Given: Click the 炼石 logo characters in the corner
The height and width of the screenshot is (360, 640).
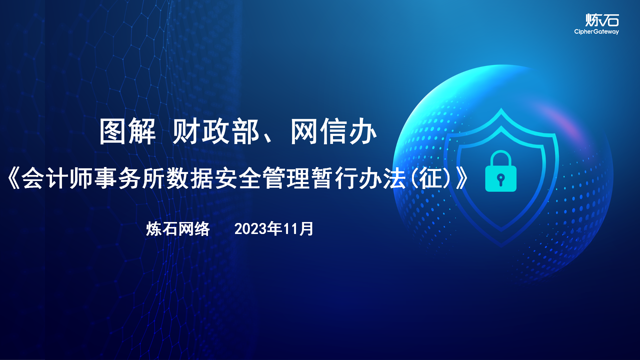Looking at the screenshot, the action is [x=602, y=20].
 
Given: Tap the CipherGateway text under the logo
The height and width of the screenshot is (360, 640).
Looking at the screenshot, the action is [x=596, y=32].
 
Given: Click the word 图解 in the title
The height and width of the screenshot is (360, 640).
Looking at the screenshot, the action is [x=128, y=131].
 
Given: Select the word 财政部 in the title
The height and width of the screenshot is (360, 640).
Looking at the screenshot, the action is [x=216, y=131].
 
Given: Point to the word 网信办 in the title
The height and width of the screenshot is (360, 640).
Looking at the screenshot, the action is [x=334, y=131].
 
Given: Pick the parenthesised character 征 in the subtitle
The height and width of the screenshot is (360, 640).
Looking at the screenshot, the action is [x=430, y=178].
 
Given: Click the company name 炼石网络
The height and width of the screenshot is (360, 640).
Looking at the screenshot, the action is [x=178, y=229].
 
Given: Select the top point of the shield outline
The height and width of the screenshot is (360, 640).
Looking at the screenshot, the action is [x=501, y=108].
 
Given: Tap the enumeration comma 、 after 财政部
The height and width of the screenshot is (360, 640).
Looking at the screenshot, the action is [x=267, y=139].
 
